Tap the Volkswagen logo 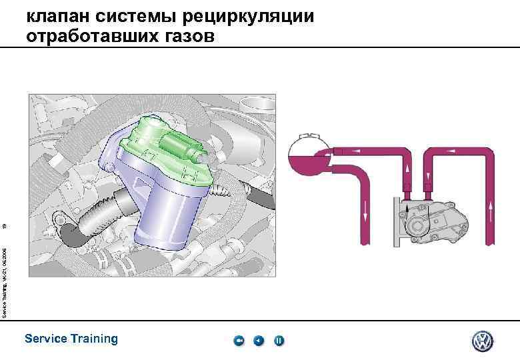[481, 341]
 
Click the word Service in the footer [45, 339]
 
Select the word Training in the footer [94, 339]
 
